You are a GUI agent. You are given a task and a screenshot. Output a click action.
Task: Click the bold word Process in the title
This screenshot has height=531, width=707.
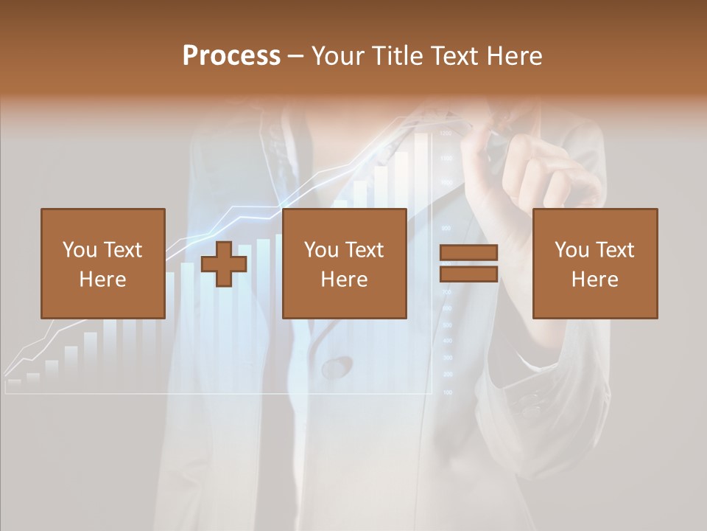pyautogui.click(x=231, y=56)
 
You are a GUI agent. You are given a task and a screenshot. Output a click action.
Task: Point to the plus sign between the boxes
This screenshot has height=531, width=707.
pyautogui.click(x=224, y=264)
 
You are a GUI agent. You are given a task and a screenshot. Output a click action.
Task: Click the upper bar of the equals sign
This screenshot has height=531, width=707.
pyautogui.click(x=469, y=253)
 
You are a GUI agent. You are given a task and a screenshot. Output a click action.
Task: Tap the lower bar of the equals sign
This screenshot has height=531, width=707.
pyautogui.click(x=469, y=274)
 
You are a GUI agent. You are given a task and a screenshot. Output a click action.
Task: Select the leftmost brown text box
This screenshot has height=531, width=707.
pyautogui.click(x=102, y=263)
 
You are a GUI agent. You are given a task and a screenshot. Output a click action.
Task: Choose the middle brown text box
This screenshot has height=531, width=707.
pyautogui.click(x=344, y=263)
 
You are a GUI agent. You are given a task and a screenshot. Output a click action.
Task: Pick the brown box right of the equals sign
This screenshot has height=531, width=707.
pyautogui.click(x=594, y=263)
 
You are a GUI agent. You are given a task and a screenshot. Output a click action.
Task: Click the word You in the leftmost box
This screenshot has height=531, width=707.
pyautogui.click(x=79, y=250)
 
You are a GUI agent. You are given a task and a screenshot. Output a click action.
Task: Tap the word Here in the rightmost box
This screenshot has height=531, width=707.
pyautogui.click(x=594, y=280)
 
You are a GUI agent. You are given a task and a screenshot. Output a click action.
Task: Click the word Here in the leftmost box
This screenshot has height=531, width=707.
pyautogui.click(x=102, y=280)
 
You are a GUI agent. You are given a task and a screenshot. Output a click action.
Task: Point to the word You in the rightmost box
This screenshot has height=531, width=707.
pyautogui.click(x=571, y=250)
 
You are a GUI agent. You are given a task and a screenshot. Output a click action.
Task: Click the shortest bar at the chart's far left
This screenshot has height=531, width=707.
pyautogui.click(x=14, y=383)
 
